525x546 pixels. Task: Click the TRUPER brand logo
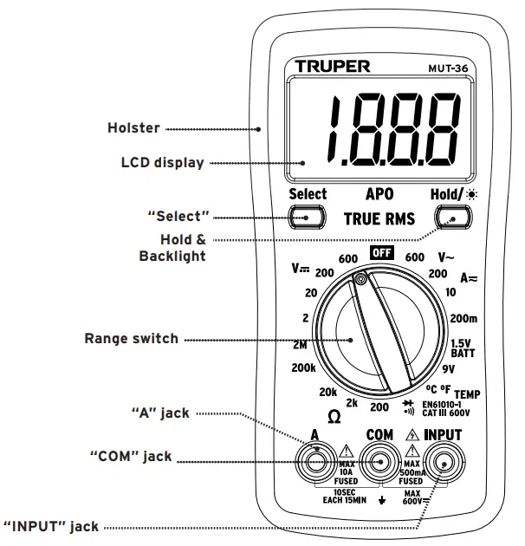click(333, 67)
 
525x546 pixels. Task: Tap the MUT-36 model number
click(448, 68)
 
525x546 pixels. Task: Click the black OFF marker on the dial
click(381, 253)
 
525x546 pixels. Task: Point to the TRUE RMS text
click(379, 218)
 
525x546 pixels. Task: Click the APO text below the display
click(379, 195)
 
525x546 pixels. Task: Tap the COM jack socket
click(379, 463)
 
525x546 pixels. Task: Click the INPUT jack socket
click(443, 463)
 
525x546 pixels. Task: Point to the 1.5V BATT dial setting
click(462, 348)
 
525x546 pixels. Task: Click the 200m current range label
click(464, 318)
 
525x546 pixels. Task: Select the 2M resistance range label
click(302, 344)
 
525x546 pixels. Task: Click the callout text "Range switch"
click(131, 339)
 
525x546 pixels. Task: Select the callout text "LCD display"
click(162, 162)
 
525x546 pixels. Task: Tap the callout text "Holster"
click(133, 128)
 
